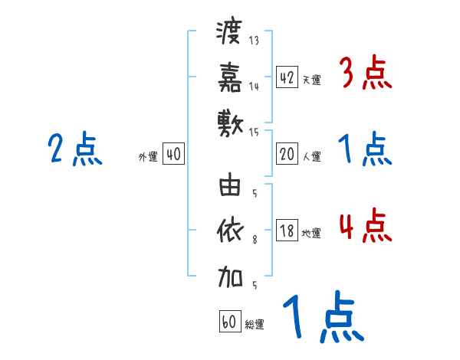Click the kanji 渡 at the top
(x=230, y=33)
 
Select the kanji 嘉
(x=230, y=76)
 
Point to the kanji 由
(x=230, y=186)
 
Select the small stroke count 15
(x=255, y=132)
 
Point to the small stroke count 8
(x=255, y=240)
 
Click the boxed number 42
(x=287, y=77)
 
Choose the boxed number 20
(x=287, y=154)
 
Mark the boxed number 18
(x=287, y=230)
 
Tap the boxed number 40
(x=173, y=154)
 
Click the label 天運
(x=311, y=79)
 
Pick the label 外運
(x=148, y=156)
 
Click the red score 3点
(x=365, y=74)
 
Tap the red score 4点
(x=365, y=227)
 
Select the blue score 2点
(x=74, y=149)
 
